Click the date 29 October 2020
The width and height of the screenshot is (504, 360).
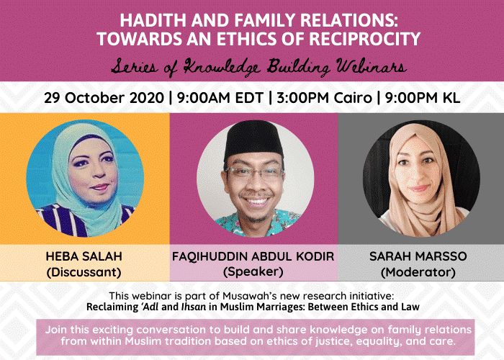click(x=103, y=98)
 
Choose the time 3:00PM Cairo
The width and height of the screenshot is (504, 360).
click(x=324, y=98)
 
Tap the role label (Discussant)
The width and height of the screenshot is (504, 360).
click(x=84, y=272)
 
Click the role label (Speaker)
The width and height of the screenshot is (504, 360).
click(x=253, y=272)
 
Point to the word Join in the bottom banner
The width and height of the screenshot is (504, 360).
click(x=58, y=328)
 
